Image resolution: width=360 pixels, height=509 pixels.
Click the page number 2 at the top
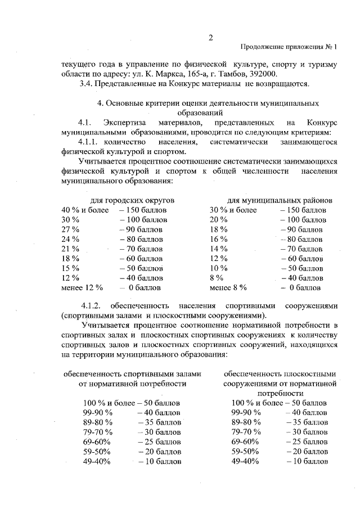[210, 38]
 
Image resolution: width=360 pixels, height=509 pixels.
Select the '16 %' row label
[218, 239]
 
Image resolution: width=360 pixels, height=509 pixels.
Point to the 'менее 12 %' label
[82, 287]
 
